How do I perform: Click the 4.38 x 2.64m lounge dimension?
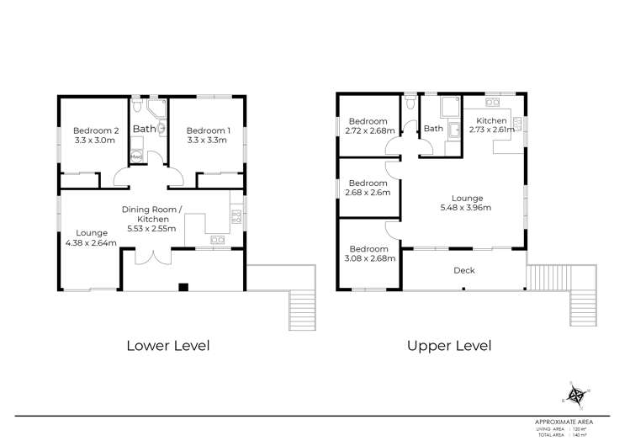92,243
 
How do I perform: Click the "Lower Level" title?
167,345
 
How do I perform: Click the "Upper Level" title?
449,345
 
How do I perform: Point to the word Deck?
464,270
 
